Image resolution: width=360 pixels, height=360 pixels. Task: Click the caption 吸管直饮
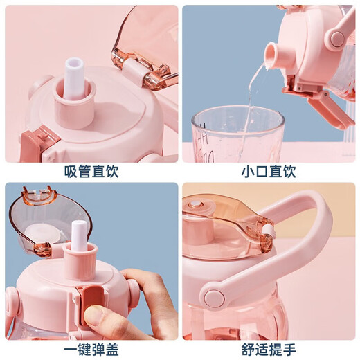[x=90, y=172]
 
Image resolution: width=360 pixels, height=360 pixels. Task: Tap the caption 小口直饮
[x=269, y=172]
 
